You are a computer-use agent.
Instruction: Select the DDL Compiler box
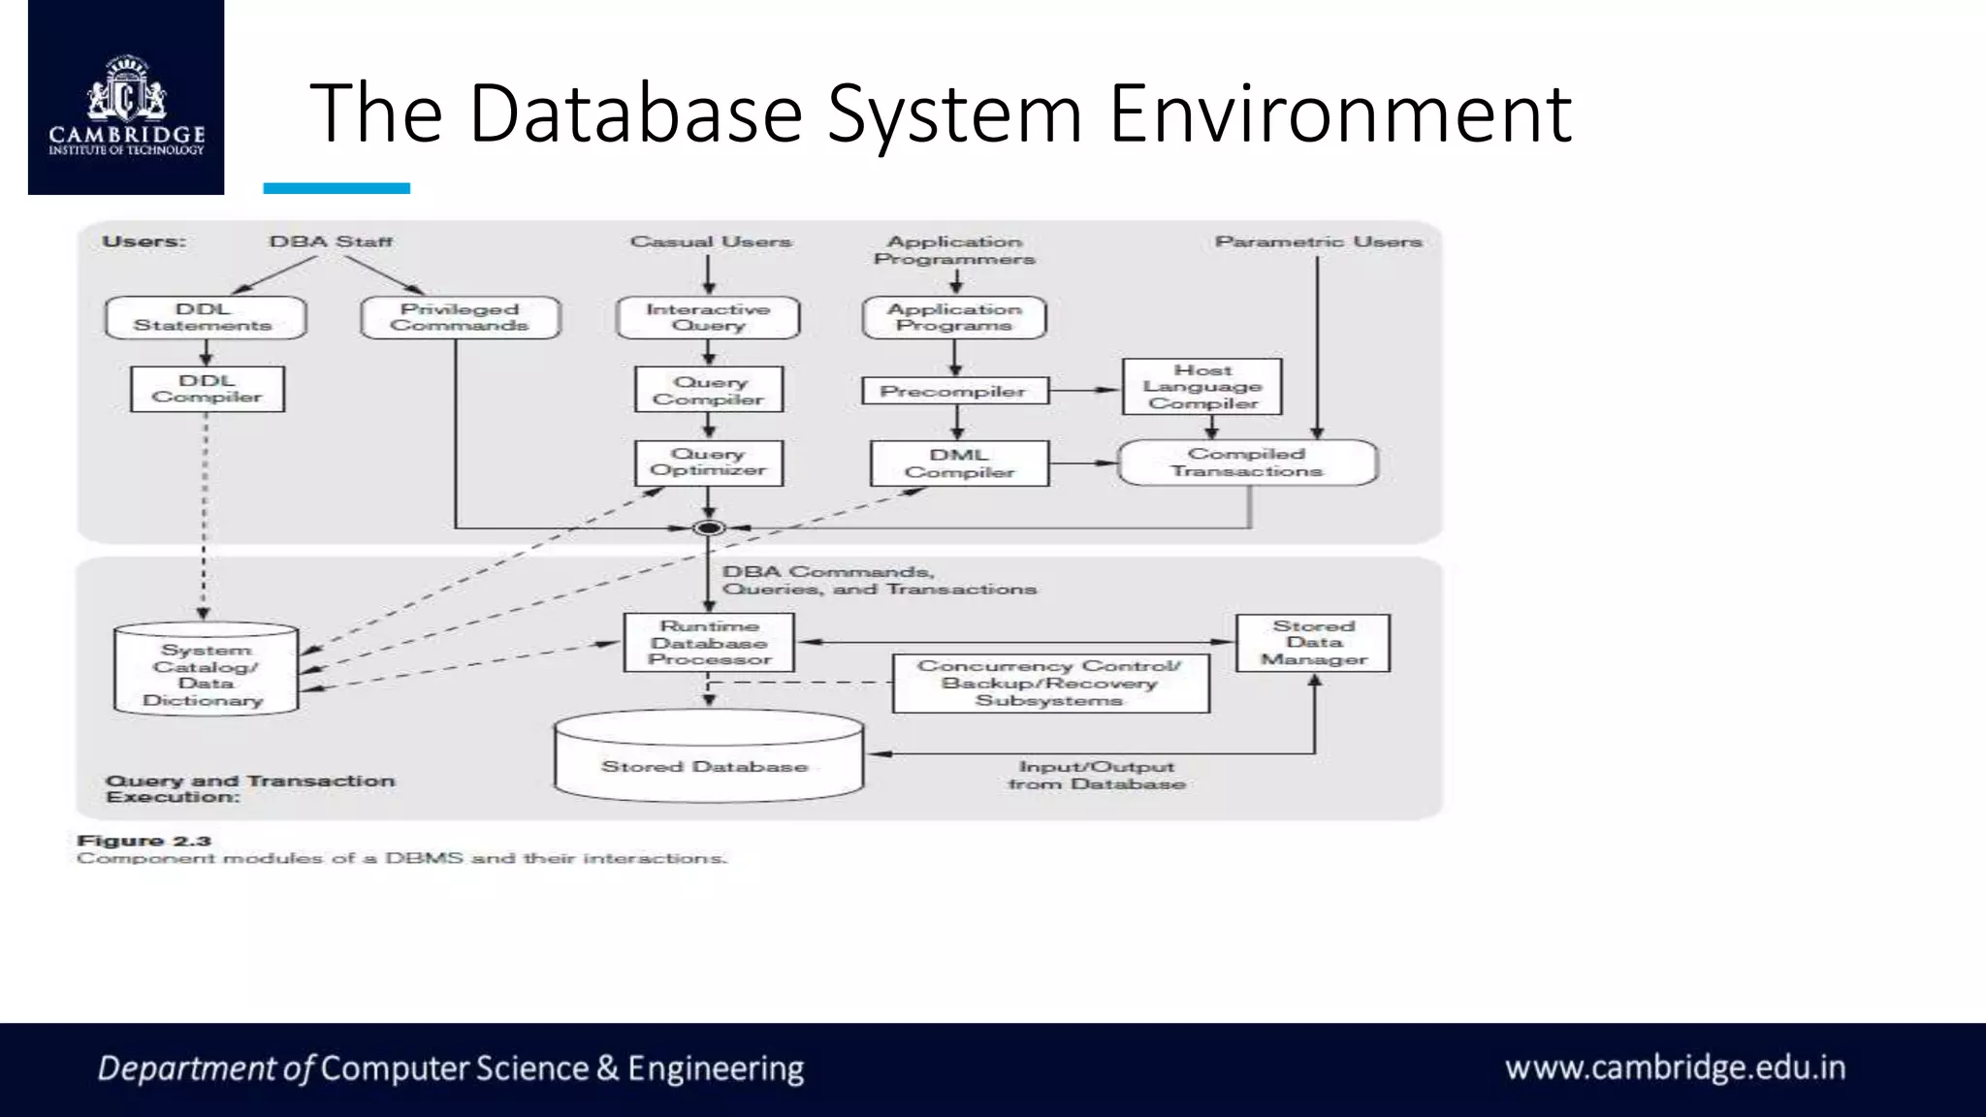click(x=208, y=389)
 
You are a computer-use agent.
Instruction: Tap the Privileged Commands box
click(x=461, y=317)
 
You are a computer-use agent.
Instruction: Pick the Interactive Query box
click(x=708, y=317)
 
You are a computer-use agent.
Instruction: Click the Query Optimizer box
click(x=709, y=463)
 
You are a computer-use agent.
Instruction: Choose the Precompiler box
click(x=954, y=391)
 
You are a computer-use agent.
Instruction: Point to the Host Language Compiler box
click(x=1202, y=387)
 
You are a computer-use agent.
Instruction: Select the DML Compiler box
click(x=959, y=463)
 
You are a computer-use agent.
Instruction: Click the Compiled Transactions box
click(x=1247, y=463)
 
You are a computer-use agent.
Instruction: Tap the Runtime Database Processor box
click(x=709, y=642)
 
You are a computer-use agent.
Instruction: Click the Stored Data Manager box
click(x=1313, y=642)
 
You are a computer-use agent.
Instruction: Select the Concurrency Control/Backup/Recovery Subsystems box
click(x=1050, y=684)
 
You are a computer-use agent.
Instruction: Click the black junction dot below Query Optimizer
click(x=709, y=528)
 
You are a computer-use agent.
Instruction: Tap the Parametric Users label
click(x=1318, y=241)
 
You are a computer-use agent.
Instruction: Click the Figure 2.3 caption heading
click(x=144, y=841)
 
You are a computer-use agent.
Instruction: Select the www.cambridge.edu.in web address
click(x=1675, y=1068)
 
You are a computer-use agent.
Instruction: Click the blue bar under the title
click(x=336, y=188)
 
